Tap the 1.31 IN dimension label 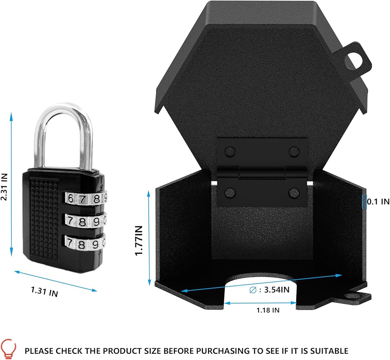pyautogui.click(x=44, y=291)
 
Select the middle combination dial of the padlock pyautogui.click(x=86, y=221)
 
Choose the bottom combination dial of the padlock pyautogui.click(x=86, y=244)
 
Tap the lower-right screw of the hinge pyautogui.click(x=293, y=191)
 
